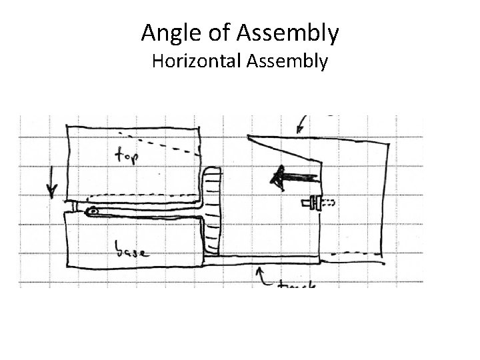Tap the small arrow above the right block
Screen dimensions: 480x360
[x=302, y=124]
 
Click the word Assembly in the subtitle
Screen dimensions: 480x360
[x=288, y=61]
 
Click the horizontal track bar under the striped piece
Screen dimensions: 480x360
[x=267, y=261]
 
